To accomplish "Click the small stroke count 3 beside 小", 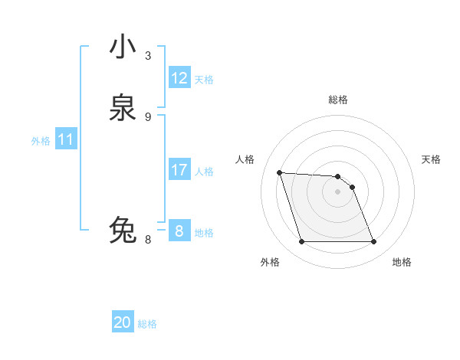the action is point(148,56).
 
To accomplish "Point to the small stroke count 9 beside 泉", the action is point(148,116).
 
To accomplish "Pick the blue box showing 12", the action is point(179,78).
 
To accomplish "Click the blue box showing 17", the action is point(179,170).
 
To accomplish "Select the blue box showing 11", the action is point(66,140).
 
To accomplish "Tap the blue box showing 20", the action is point(123,322).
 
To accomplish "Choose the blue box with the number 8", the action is point(179,231).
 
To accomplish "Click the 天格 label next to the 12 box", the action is point(204,80).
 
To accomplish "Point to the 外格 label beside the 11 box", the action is point(41,141).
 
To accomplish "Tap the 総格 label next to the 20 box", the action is point(147,324).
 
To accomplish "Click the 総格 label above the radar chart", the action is point(338,100).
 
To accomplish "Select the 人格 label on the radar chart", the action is point(245,159).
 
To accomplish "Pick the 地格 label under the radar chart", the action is point(402,262).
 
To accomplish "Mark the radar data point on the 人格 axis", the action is point(279,172).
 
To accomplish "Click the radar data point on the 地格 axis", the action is point(374,242).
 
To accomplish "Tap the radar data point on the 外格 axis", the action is point(301,242).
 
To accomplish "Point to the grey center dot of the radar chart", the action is point(338,191).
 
